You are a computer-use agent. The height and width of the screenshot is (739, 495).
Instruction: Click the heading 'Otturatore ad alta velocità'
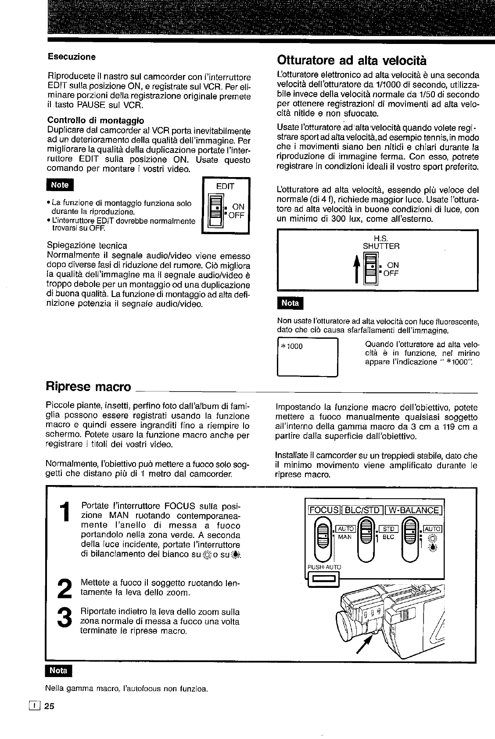352,60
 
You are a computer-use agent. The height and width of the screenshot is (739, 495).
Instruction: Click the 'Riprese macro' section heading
88,387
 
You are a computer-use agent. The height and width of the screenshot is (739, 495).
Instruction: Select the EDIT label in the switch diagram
225,186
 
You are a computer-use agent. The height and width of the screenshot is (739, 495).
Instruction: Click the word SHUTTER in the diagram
381,246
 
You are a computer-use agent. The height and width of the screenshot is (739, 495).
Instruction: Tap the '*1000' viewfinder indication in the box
293,346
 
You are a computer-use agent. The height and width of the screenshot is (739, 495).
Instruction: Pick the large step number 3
64,619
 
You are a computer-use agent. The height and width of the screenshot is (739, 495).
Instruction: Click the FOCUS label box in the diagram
324,510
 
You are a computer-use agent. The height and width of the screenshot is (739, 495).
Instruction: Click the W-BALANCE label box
414,510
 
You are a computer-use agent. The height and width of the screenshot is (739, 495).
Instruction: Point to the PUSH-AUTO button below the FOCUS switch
324,582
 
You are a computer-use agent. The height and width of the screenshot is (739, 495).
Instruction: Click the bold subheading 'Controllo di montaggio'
95,120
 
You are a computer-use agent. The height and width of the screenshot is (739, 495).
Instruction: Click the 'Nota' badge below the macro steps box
58,670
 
